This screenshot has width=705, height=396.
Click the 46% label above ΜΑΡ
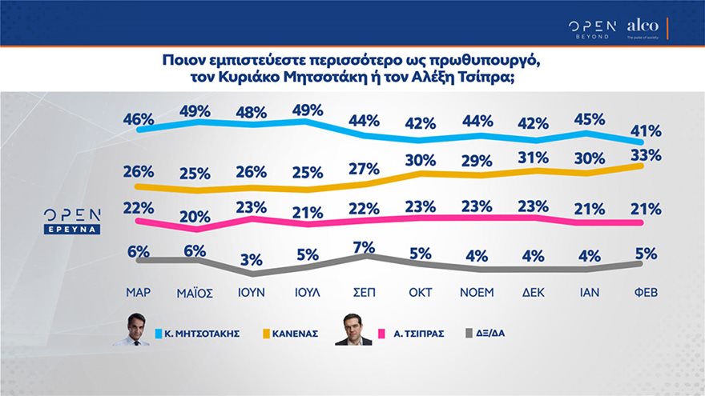pyautogui.click(x=138, y=119)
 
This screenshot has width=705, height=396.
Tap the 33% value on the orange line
pyautogui.click(x=646, y=154)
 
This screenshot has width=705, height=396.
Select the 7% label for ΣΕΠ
pyautogui.click(x=365, y=247)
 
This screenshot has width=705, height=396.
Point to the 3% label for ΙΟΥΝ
pyautogui.click(x=252, y=260)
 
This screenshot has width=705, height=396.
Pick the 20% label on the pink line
pyautogui.click(x=195, y=216)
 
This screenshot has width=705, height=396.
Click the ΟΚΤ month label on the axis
pyautogui.click(x=421, y=292)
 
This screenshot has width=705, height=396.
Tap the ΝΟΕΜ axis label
pyautogui.click(x=477, y=292)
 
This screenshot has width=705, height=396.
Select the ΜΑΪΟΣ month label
pyautogui.click(x=195, y=292)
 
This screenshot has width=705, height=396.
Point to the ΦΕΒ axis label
pyautogui.click(x=646, y=292)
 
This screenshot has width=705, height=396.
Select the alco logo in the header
pyautogui.click(x=642, y=26)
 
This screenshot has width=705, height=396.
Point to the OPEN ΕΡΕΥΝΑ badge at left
pyautogui.click(x=72, y=221)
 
